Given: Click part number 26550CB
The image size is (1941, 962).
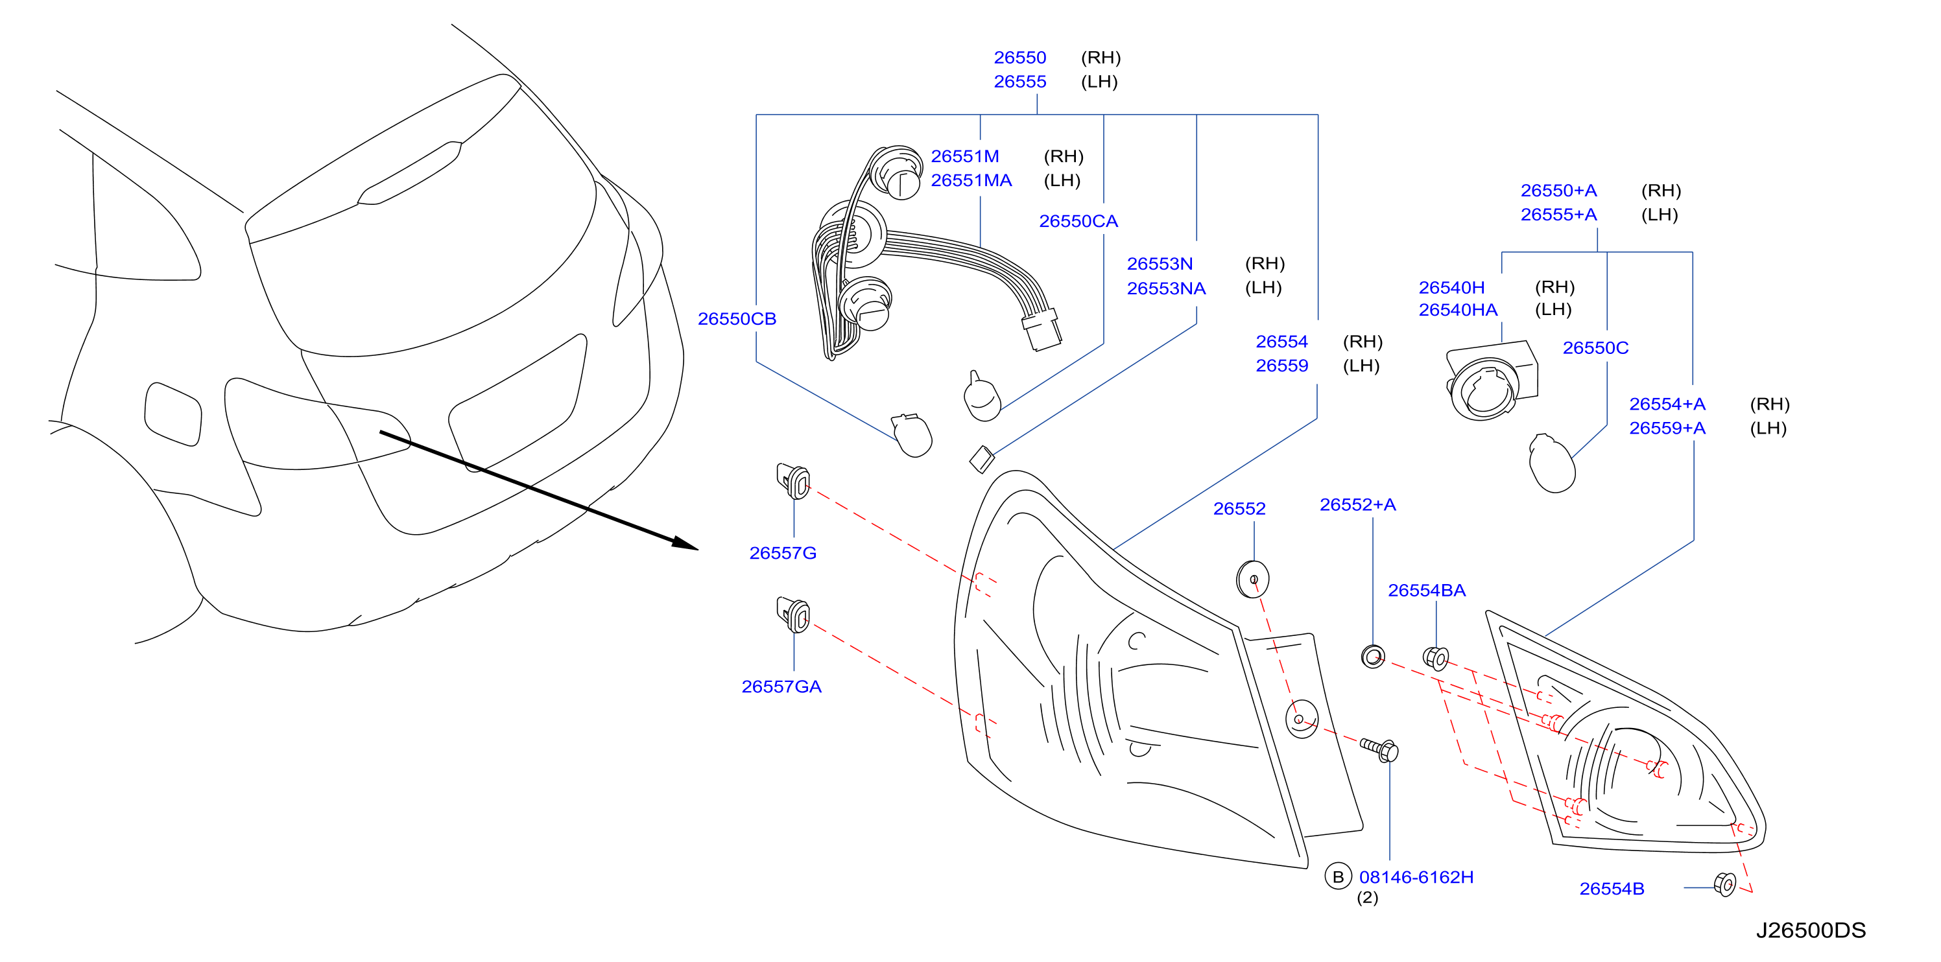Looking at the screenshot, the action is click(x=736, y=319).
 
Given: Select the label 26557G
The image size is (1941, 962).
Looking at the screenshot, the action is click(x=782, y=553).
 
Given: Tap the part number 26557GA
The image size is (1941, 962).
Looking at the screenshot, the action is click(x=781, y=686).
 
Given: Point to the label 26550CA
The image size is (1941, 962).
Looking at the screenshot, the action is click(x=1078, y=220).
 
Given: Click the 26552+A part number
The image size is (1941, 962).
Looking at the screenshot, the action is click(x=1357, y=505).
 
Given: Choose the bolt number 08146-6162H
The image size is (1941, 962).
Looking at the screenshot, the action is click(x=1416, y=877).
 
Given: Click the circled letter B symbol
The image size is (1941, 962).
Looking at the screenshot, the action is click(x=1337, y=876).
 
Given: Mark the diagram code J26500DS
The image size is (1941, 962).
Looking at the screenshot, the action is click(x=1811, y=930).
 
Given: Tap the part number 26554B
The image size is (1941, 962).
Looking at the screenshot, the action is click(x=1612, y=889).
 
